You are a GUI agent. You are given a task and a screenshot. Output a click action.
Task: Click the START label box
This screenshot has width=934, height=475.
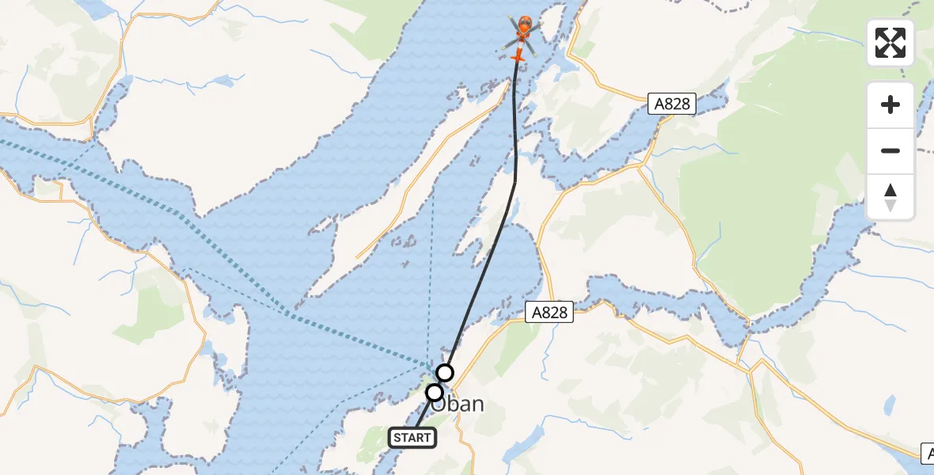pyautogui.click(x=412, y=437)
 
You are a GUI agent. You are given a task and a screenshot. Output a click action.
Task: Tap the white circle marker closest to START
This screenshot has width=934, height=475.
pyautogui.click(x=434, y=393)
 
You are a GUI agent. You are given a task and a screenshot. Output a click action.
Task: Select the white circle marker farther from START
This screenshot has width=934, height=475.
pyautogui.click(x=445, y=372)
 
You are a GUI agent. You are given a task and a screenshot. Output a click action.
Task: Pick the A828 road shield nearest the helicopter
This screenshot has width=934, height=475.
pyautogui.click(x=671, y=104)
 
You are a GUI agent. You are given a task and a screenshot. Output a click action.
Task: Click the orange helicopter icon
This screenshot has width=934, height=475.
pyautogui.click(x=522, y=33)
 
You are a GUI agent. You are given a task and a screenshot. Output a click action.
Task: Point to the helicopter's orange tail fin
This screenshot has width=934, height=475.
pyautogui.click(x=518, y=56)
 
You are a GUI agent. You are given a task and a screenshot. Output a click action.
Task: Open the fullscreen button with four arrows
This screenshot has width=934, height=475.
pyautogui.click(x=890, y=43)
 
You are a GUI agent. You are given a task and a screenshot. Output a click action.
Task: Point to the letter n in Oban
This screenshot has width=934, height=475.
pyautogui.click(x=475, y=405)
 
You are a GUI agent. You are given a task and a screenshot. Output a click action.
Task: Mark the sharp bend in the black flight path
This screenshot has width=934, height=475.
pyautogui.click(x=515, y=181)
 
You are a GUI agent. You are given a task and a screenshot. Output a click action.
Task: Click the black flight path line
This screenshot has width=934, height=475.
pyautogui.click(x=483, y=269)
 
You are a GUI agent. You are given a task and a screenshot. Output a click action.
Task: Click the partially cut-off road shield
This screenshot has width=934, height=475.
pyautogui.click(x=928, y=454)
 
